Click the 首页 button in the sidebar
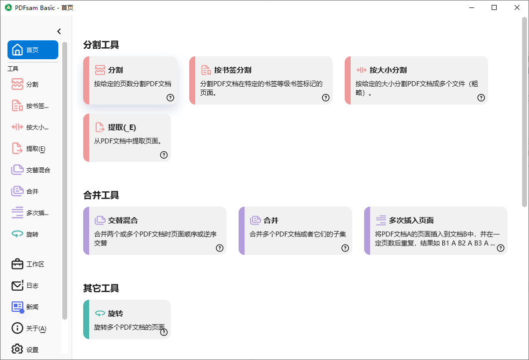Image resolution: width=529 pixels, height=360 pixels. pos(32,50)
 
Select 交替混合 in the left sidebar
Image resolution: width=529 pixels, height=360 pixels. pos(31,170)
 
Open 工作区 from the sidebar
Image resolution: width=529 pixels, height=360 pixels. pos(31,264)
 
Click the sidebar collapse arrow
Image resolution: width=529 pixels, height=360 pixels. pos(59,31)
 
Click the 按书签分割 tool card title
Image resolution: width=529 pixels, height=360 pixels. pos(233,70)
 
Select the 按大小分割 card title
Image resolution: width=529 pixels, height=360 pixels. pos(388,70)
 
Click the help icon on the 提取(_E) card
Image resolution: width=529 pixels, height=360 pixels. pos(164,155)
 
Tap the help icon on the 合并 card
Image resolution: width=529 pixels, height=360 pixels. pos(345,248)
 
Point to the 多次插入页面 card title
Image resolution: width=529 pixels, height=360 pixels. pos(411,220)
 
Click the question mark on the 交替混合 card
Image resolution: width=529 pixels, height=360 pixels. pos(220,248)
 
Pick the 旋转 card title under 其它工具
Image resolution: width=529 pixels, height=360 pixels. pos(116,314)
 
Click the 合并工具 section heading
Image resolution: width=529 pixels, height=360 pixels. pos(101,195)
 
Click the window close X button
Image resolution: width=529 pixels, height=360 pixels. pos(517,7)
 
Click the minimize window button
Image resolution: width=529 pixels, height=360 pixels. pos(472,7)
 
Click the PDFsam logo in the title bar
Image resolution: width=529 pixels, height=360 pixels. pos(8,7)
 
